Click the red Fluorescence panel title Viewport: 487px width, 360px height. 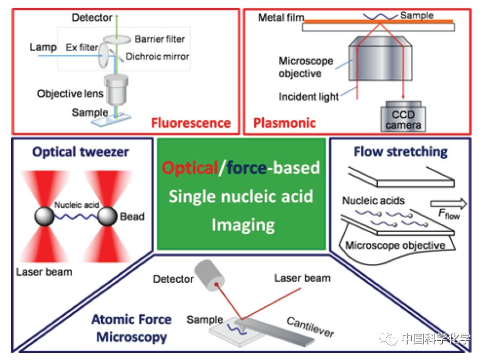(x=191, y=124)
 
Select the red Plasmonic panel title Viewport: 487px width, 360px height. (x=285, y=124)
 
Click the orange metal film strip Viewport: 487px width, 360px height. (x=378, y=22)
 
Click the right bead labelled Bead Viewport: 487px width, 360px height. (x=108, y=217)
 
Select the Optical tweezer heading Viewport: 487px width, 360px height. (x=80, y=152)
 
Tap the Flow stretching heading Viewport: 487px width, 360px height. (x=401, y=152)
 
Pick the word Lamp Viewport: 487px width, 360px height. (x=43, y=47)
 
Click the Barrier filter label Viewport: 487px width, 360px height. (x=159, y=39)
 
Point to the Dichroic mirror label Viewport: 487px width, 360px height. (x=158, y=56)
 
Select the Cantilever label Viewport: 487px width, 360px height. (x=311, y=326)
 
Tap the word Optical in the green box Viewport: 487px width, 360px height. (x=190, y=168)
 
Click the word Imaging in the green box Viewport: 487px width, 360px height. (x=242, y=225)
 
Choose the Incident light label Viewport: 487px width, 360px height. (x=309, y=97)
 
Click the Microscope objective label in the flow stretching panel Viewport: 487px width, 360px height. (x=395, y=245)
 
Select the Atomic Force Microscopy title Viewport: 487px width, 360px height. (x=131, y=328)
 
